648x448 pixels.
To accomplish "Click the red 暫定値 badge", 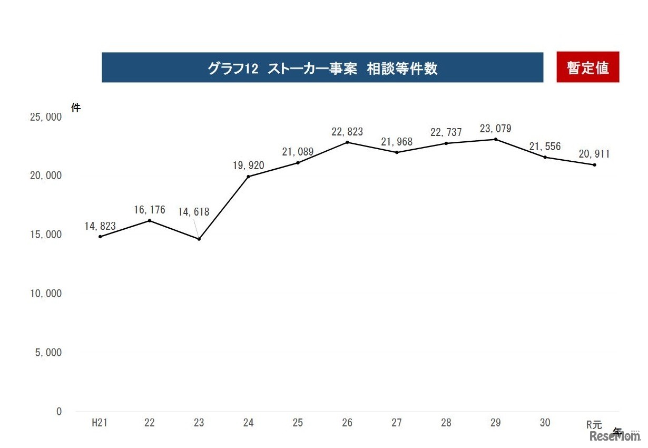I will (587, 67).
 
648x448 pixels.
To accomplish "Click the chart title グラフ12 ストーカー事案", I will (322, 68).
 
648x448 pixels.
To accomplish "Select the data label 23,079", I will (495, 129).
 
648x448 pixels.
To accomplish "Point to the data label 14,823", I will (100, 226).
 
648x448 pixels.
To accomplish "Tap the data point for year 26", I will (347, 142).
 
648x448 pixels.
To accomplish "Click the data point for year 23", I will (199, 239).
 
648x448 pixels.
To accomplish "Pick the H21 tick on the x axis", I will (100, 423).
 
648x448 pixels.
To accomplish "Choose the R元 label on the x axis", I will (594, 424).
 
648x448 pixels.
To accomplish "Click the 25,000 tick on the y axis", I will (46, 117).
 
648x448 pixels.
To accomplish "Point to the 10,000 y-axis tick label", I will (46, 294).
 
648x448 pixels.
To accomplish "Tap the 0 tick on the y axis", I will (59, 412).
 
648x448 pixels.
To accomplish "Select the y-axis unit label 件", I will (76, 108).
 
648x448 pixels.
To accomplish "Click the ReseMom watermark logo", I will (614, 436).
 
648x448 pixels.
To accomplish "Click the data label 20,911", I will (594, 154).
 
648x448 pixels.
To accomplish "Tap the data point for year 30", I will (545, 157).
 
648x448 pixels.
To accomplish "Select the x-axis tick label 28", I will (446, 423).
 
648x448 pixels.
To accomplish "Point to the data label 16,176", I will (150, 210).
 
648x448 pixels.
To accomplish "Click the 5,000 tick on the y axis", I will (48, 353).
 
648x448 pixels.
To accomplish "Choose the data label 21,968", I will (397, 142).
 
